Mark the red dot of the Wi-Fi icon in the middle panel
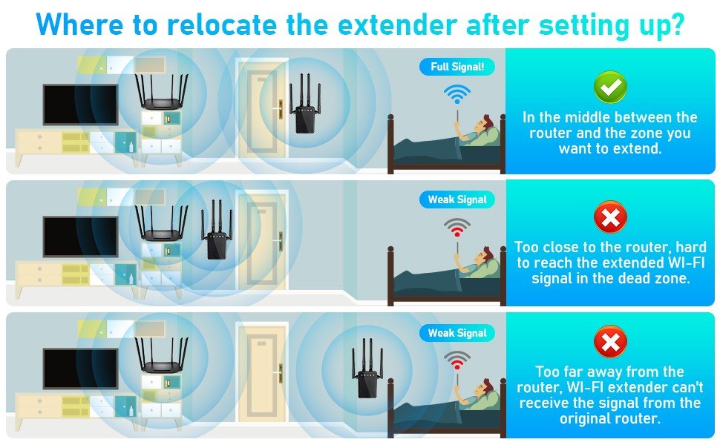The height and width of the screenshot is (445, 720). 456,235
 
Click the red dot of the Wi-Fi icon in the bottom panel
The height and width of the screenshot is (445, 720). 456,366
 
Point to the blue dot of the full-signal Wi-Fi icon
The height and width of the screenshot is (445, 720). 456,102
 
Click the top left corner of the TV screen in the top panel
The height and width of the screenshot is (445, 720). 44,85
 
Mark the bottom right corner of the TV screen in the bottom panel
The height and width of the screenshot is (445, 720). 117,388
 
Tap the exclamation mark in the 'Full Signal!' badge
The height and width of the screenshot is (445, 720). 482,67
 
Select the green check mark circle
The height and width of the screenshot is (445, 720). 610,87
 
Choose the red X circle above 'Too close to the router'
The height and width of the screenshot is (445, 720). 610,217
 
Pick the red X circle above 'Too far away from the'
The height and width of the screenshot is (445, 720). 610,342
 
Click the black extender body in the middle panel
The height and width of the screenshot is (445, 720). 217,245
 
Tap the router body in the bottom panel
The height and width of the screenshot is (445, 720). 161,366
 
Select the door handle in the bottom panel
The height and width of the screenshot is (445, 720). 280,373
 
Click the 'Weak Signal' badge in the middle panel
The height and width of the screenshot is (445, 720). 457,200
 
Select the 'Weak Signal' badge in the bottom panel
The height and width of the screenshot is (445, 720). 457,333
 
